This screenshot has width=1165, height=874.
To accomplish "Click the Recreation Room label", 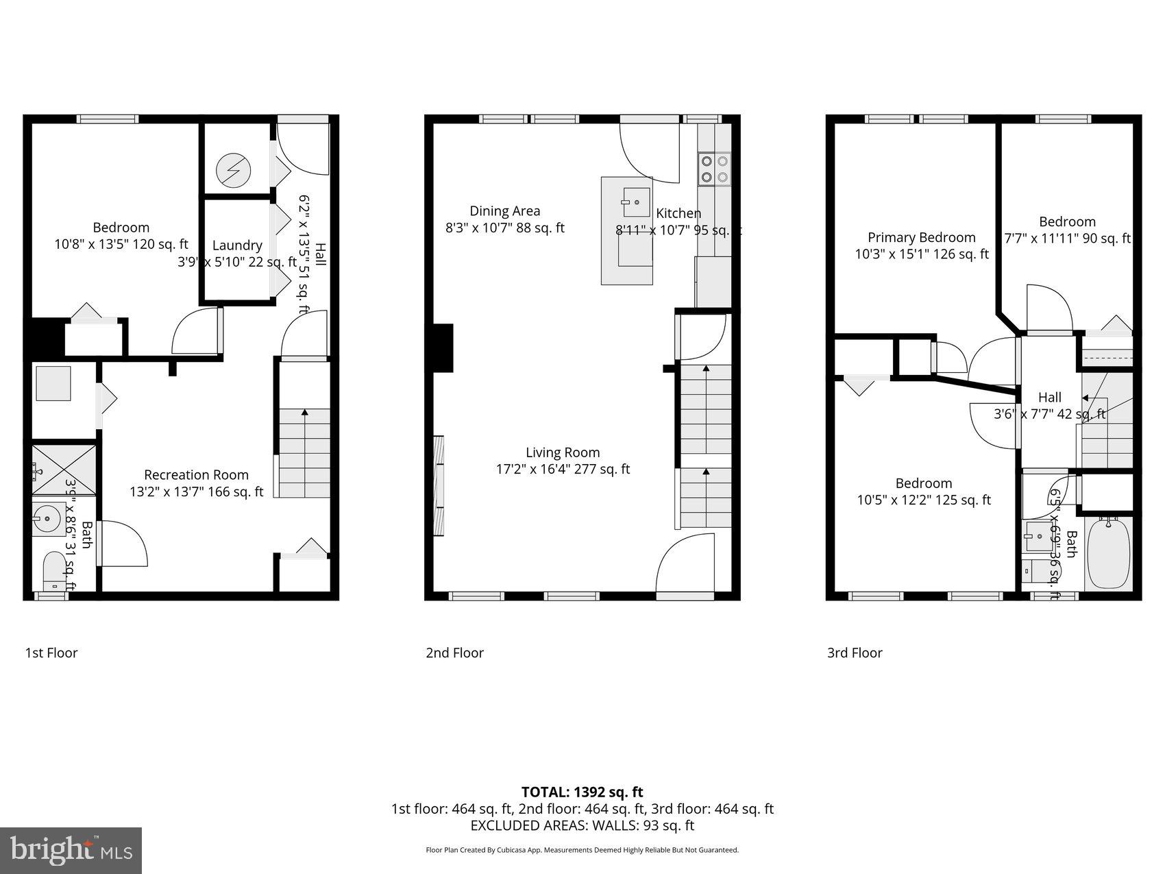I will [x=196, y=474].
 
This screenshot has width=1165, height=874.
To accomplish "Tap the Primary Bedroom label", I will [x=921, y=237].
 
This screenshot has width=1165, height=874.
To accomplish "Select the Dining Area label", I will [x=504, y=211].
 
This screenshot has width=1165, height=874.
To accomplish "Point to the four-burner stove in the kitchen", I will [x=714, y=169].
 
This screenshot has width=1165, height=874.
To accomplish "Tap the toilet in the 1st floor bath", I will [x=53, y=572].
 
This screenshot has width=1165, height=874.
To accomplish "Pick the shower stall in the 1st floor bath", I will [x=64, y=470].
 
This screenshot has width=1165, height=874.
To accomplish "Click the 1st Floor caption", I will [x=51, y=653].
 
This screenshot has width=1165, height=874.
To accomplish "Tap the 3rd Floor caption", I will [x=854, y=653].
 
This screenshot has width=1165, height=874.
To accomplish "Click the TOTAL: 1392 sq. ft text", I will [x=582, y=792].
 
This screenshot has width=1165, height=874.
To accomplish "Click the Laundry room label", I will [x=236, y=245].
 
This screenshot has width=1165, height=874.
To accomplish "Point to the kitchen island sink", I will [x=636, y=202].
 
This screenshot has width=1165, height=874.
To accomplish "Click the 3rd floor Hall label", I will [x=1049, y=398].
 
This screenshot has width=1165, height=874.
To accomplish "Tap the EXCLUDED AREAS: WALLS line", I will [x=582, y=825].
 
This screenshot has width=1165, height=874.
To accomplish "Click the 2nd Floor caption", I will [x=454, y=653].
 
